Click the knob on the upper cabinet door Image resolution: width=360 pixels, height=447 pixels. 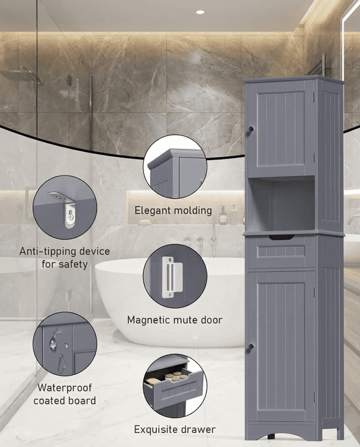[x=251, y=129]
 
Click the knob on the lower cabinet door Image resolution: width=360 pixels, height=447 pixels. [x=251, y=346]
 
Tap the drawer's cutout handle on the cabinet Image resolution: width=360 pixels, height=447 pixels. [x=281, y=238]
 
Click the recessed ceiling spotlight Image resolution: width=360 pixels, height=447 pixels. [x=200, y=12]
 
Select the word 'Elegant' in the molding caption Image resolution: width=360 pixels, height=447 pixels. [x=153, y=211]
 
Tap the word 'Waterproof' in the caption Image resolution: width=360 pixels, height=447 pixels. [x=65, y=388]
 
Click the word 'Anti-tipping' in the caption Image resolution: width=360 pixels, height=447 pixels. [x=48, y=252]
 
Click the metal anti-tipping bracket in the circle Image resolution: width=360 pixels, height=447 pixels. [x=66, y=209]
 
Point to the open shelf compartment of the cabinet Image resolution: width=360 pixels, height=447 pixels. [x=281, y=204]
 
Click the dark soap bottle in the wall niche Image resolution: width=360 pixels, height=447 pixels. [x=223, y=215]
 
